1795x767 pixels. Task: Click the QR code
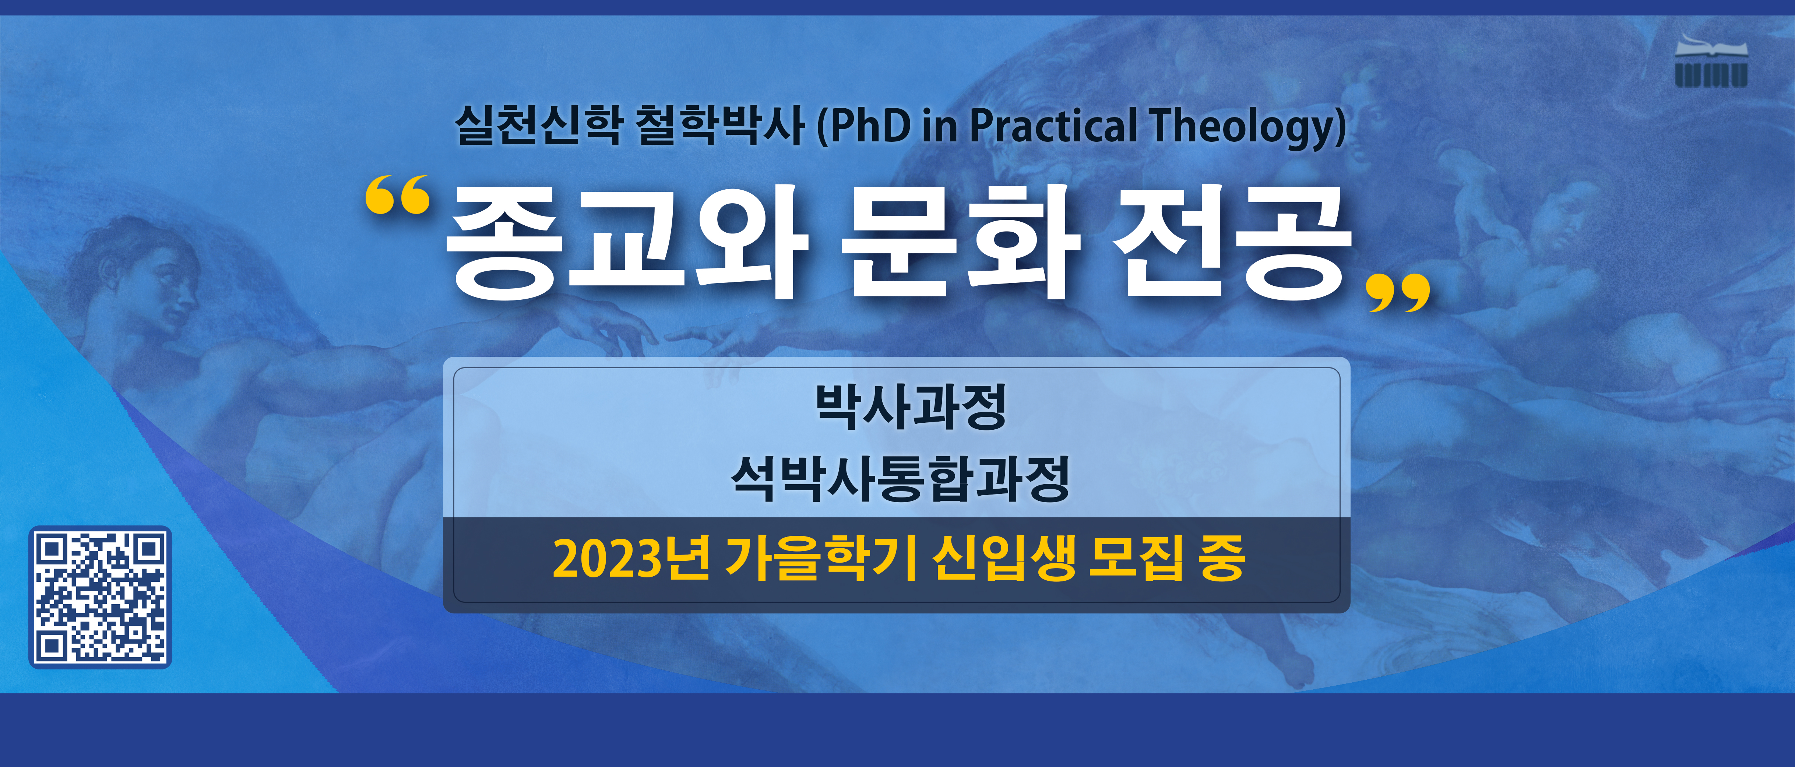click(x=100, y=597)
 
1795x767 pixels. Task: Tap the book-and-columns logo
click(x=1711, y=61)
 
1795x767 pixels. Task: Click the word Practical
click(x=1053, y=126)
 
